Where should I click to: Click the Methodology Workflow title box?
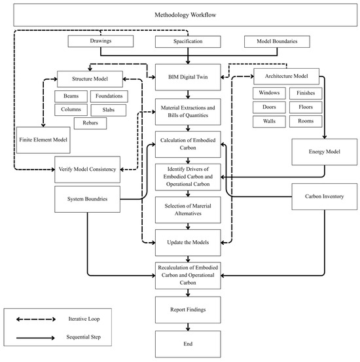185,15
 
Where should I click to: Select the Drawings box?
100,41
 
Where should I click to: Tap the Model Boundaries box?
277,41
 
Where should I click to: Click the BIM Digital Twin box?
188,77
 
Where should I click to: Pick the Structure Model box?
90,79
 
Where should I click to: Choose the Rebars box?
90,123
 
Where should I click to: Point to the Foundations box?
109,96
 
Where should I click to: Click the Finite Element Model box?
43,140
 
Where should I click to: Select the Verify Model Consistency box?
87,170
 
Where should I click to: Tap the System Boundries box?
87,199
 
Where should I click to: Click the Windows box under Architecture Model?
269,93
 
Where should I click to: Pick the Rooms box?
306,122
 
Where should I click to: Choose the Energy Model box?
325,152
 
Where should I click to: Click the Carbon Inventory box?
325,196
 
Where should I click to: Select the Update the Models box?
188,243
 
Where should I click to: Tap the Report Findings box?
188,310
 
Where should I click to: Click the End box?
188,344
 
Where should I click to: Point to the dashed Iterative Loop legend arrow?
36,319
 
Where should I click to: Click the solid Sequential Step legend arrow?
35,338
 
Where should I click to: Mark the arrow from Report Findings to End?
188,327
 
